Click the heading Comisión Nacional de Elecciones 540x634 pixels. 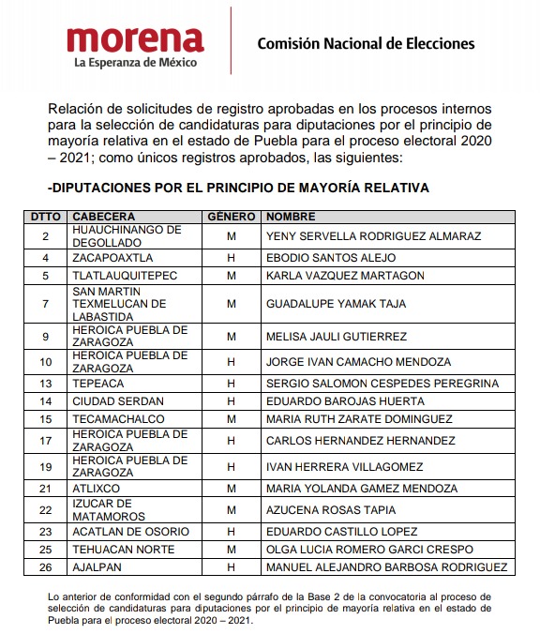click(x=366, y=43)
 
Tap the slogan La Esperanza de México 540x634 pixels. click(x=135, y=64)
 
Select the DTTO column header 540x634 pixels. click(x=45, y=216)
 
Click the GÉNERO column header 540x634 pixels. click(x=231, y=216)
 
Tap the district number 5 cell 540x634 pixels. click(x=45, y=276)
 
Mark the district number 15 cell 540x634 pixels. click(x=45, y=419)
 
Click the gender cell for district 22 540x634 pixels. click(x=231, y=509)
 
